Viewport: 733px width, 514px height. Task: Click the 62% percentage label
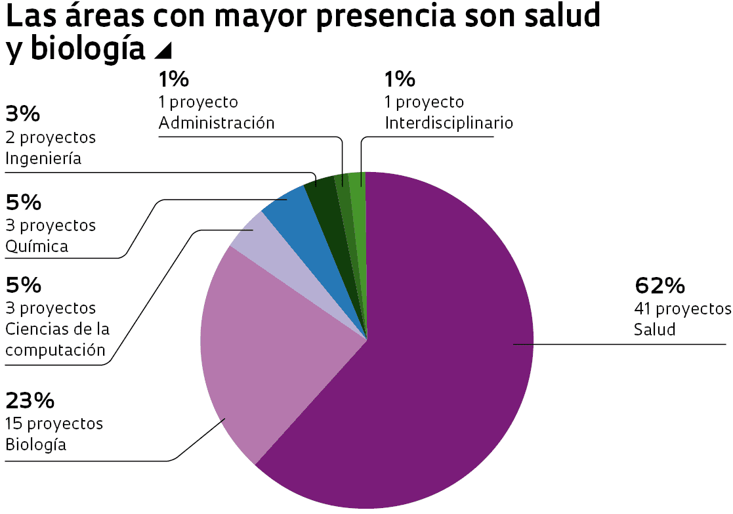660,286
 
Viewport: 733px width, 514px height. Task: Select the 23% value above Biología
30,400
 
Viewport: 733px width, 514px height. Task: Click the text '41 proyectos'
682,309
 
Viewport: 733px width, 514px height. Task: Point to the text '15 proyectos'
54,423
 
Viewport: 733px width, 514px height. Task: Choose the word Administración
216,123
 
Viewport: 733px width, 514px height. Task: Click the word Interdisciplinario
448,123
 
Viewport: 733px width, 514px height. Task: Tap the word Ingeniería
43,158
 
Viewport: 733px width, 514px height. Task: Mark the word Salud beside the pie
654,330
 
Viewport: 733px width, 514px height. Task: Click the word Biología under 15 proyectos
36,444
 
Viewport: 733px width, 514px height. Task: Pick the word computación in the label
55,350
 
